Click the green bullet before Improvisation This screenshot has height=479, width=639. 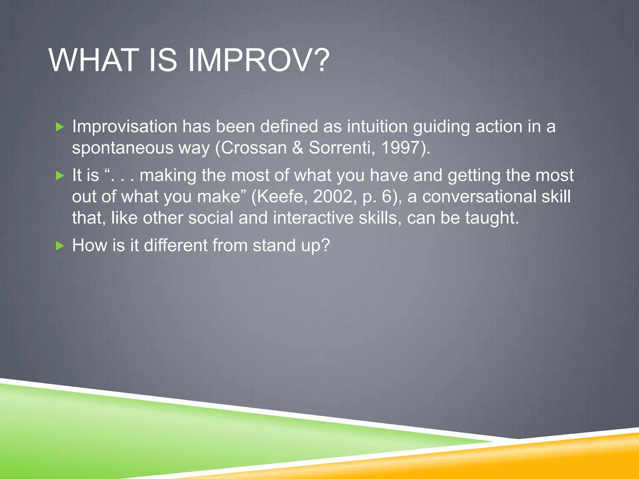(60, 127)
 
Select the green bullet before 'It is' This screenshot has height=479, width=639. (60, 176)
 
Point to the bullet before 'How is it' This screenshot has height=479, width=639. (60, 246)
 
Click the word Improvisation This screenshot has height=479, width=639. (124, 127)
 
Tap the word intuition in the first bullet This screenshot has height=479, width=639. (377, 127)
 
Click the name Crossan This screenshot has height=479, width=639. (254, 148)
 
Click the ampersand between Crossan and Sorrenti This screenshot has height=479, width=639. (298, 148)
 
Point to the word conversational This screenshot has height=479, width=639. (479, 197)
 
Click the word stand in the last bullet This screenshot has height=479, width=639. (274, 245)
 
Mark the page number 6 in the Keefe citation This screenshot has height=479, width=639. (387, 197)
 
